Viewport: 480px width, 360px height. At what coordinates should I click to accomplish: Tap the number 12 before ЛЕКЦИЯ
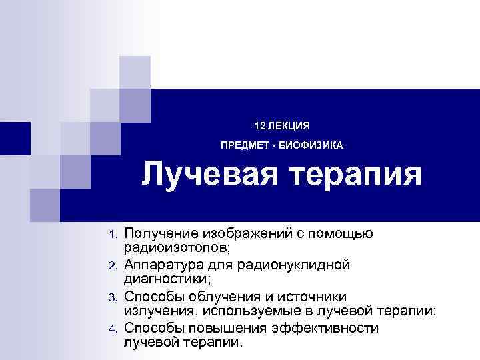[259, 125]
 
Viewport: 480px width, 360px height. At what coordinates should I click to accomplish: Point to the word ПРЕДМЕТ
[245, 145]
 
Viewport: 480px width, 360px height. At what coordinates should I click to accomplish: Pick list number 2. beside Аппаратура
[113, 266]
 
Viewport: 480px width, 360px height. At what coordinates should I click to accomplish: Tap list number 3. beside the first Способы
[113, 297]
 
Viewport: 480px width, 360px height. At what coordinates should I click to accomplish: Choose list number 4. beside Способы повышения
[113, 328]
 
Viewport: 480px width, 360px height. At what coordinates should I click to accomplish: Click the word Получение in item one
[157, 233]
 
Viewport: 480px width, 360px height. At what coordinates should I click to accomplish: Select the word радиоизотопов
[175, 249]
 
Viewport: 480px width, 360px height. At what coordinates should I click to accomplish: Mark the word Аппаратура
[161, 265]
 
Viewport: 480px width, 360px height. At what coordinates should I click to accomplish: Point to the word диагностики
[163, 280]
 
